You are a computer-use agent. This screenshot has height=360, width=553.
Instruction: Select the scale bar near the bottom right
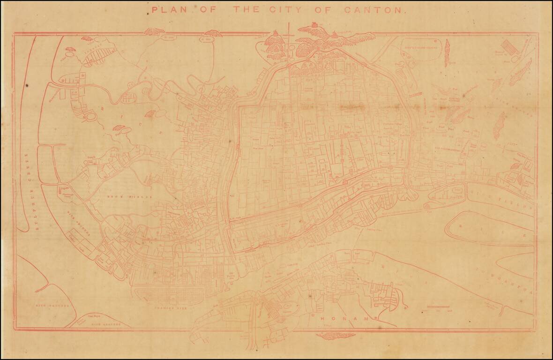pos(438,308)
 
